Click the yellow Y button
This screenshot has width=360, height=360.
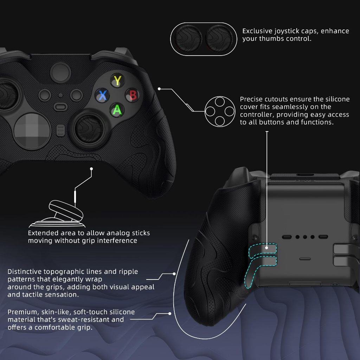click(117, 81)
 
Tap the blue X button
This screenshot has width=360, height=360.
click(102, 95)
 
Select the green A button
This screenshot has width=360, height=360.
click(117, 110)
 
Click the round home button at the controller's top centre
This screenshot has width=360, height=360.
click(60, 72)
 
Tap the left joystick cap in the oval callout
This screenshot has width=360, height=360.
click(188, 39)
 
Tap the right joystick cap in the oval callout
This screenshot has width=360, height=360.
click(219, 39)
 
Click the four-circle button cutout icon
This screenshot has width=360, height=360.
click(220, 111)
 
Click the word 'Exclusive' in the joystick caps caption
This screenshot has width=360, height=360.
click(257, 31)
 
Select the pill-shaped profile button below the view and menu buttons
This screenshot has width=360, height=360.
click(60, 107)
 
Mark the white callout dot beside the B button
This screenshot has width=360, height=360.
click(159, 89)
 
